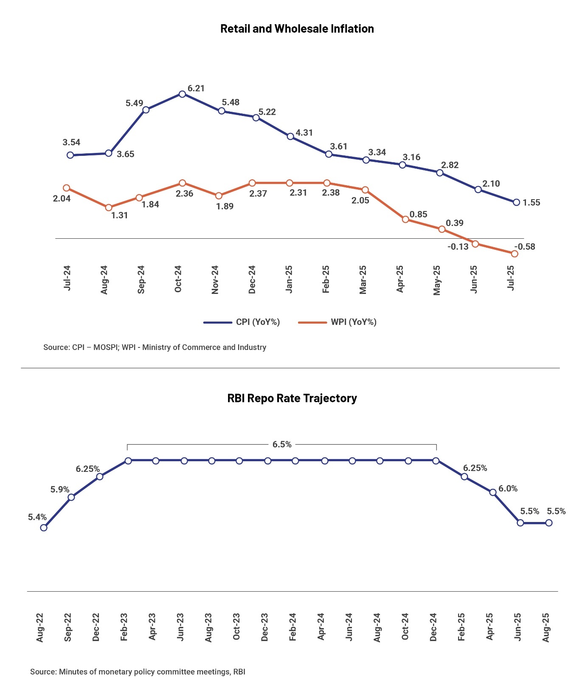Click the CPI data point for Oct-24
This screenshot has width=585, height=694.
pos(182,94)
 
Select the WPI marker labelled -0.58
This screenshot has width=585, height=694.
pos(515,254)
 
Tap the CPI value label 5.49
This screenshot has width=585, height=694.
pos(134,103)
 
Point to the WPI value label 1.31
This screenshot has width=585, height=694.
pos(119,215)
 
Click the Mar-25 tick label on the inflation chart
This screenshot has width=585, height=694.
pos(363,279)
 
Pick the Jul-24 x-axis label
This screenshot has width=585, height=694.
pos(67,278)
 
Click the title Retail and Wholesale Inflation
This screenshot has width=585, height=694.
pos(297,29)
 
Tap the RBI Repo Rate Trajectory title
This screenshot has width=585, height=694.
pos(292,398)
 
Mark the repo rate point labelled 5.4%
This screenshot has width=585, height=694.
pos(43,528)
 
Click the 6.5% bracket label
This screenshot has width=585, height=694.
pos(282,444)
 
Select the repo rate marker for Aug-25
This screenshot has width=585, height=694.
pos(548,523)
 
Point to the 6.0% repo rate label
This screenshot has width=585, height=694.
pos(508,488)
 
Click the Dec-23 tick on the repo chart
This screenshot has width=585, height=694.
pos(264,627)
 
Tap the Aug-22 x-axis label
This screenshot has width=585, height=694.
pos(40,627)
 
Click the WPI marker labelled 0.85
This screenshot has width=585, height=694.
pos(405,219)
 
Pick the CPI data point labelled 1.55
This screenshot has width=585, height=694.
pos(516,202)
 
